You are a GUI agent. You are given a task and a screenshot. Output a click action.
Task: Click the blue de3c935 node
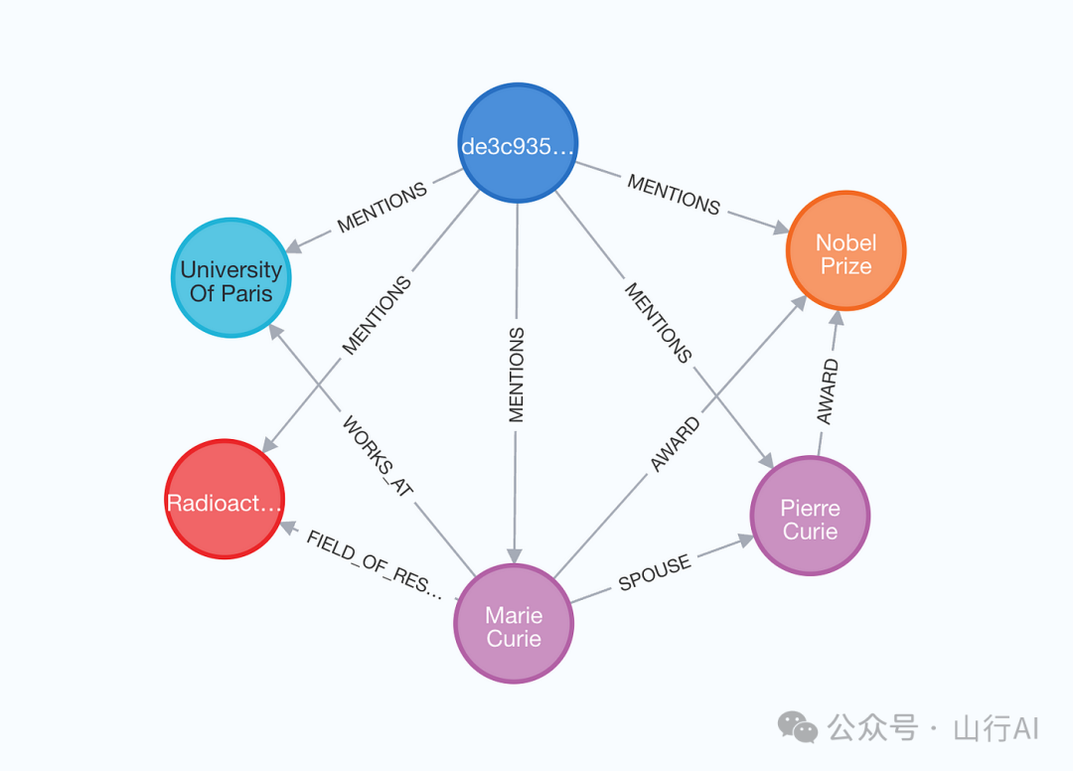518,143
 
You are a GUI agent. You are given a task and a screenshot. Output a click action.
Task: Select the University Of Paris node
231,278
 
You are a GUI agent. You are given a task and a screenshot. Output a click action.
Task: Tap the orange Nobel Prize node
846,250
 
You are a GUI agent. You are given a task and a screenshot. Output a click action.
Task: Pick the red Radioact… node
225,500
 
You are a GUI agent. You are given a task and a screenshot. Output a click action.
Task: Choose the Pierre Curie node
811,516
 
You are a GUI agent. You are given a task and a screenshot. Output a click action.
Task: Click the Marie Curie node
514,623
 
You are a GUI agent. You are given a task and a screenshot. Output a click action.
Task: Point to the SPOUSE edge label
655,573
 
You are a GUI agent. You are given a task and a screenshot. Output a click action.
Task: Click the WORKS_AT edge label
378,456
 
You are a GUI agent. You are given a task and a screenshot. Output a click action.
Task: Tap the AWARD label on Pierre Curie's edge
828,391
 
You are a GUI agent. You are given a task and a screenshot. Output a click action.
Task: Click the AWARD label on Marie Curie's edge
676,444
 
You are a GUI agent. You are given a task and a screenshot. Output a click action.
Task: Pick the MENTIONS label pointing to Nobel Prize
674,195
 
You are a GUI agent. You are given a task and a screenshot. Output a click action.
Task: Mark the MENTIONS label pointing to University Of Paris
382,208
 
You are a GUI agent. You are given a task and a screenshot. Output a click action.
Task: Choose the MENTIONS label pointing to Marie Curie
516,375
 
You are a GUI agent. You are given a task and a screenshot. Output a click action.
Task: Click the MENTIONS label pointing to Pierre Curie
659,322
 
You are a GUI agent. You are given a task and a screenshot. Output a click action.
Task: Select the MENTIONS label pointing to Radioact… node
377,315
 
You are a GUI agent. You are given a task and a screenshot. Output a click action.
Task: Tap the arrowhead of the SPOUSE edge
745,540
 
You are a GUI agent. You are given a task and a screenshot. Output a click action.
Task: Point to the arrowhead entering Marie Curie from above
515,555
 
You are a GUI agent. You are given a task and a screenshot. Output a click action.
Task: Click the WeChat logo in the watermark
797,726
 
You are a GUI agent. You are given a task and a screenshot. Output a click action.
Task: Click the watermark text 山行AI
996,728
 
